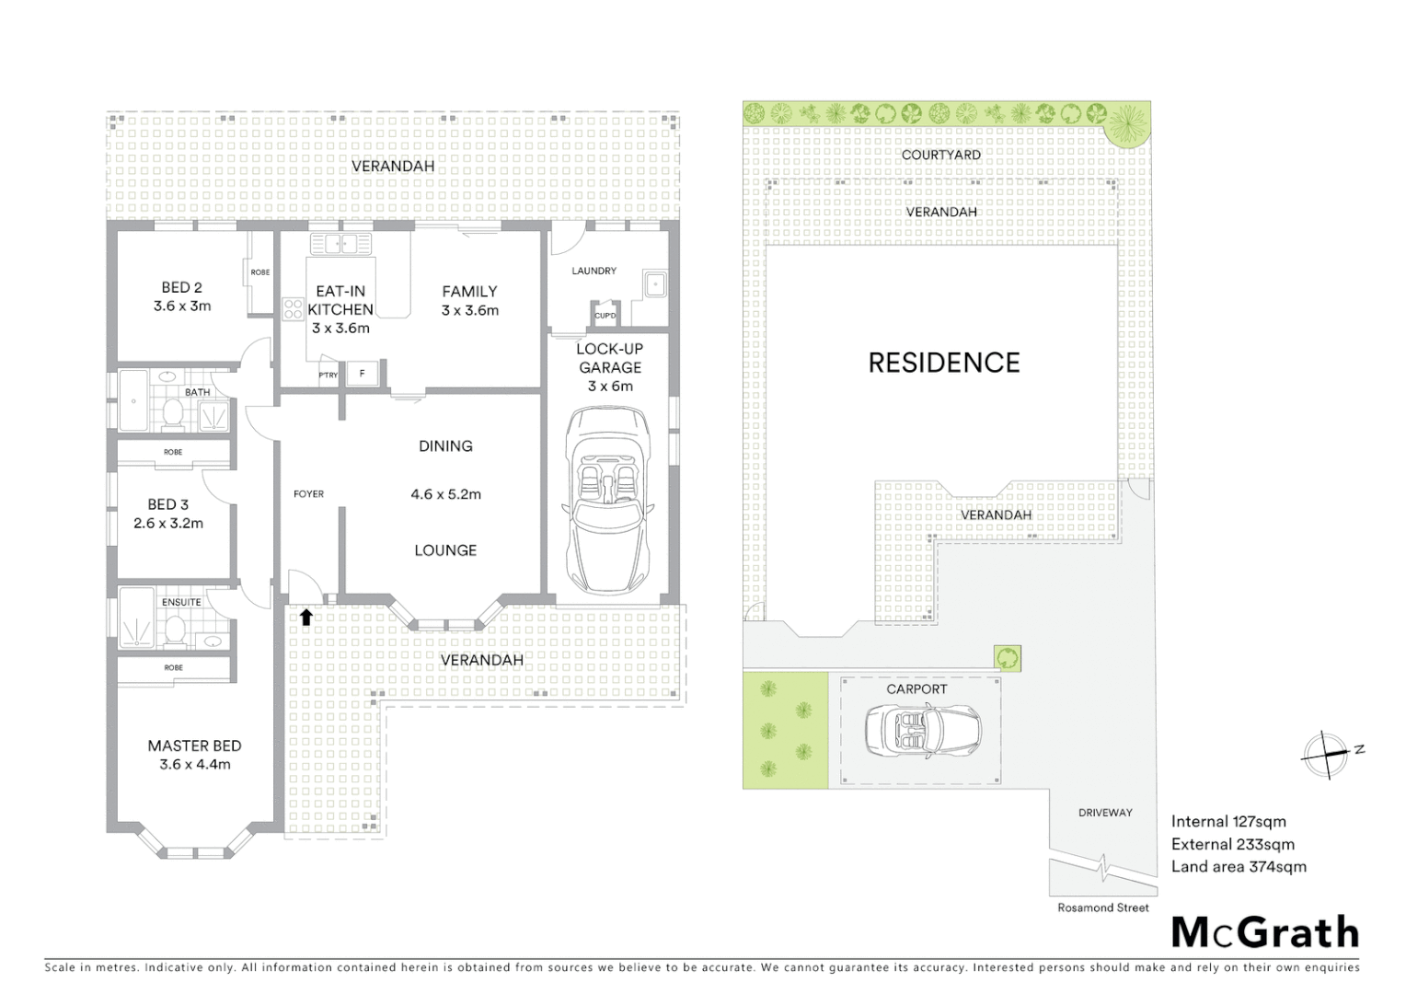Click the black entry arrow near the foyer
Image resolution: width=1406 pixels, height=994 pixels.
(x=305, y=617)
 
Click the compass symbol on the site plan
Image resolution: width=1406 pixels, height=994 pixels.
(x=1326, y=756)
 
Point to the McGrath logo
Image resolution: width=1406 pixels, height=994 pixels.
(x=1264, y=932)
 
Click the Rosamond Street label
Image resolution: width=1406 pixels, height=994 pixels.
(x=1102, y=907)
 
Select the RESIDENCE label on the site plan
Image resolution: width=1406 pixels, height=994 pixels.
(x=944, y=363)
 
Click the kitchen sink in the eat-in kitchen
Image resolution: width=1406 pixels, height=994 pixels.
(x=340, y=245)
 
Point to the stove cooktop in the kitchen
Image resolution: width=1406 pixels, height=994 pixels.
(x=294, y=309)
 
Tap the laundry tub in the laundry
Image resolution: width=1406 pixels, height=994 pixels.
(x=655, y=284)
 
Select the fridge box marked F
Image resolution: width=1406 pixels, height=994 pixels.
(x=363, y=374)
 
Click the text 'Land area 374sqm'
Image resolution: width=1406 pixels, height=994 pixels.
(x=1238, y=866)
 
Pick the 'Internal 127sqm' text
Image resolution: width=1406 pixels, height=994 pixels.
(x=1227, y=822)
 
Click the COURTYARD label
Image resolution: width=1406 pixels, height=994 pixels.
(x=940, y=155)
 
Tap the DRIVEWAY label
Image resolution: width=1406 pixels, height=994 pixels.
(x=1104, y=813)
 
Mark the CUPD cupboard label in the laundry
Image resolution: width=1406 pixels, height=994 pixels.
(x=605, y=316)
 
